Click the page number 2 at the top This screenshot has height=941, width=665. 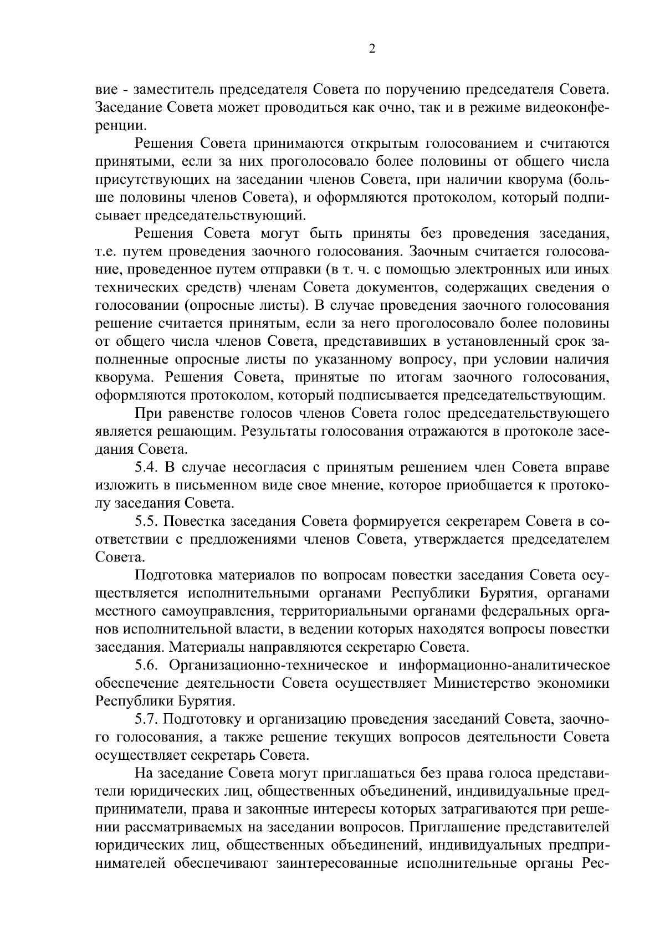click(x=372, y=49)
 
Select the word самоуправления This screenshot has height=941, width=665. click(x=217, y=611)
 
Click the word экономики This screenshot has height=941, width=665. click(x=574, y=683)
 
